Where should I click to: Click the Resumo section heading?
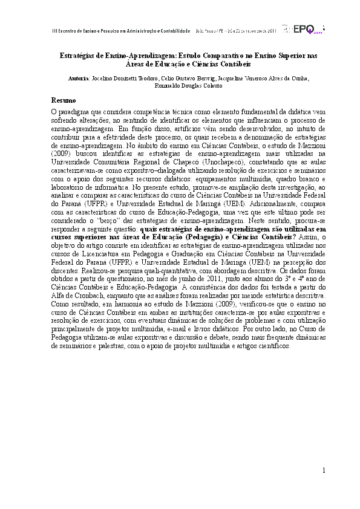click(63, 99)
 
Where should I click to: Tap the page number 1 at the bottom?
click(324, 470)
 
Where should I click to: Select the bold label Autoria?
click(79, 79)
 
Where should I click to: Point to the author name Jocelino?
click(103, 79)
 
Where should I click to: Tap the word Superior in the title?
click(287, 55)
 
